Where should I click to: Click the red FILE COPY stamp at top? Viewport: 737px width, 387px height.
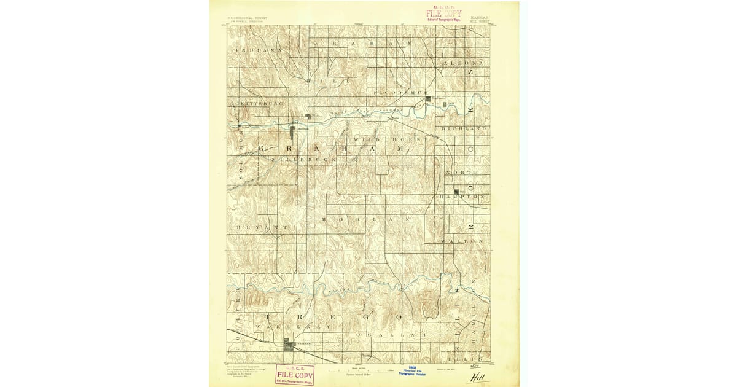click(444, 14)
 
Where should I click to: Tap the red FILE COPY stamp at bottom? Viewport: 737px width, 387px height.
click(295, 373)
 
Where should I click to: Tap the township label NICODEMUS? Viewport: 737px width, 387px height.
click(400, 92)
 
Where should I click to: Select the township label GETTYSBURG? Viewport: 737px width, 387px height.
click(258, 104)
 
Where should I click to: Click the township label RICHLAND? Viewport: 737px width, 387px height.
click(464, 128)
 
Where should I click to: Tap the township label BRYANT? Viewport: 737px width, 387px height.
click(262, 227)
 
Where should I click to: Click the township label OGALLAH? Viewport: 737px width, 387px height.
click(391, 334)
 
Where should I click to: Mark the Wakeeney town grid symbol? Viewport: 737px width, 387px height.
click(289, 346)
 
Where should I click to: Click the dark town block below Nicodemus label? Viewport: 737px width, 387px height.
click(428, 98)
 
